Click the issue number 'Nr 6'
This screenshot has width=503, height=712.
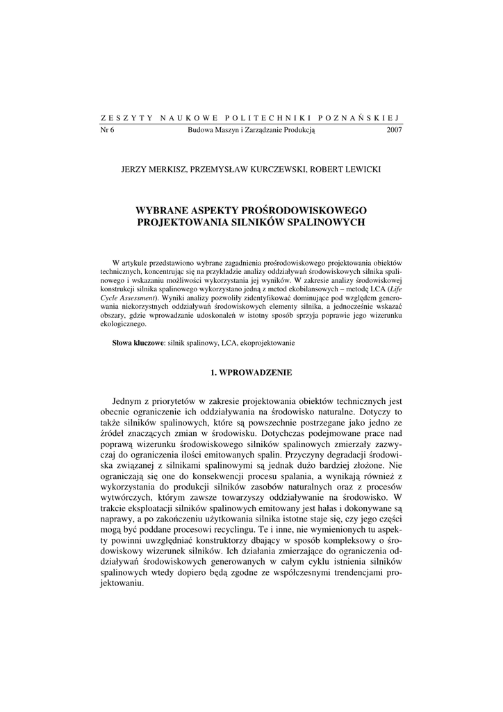(108, 129)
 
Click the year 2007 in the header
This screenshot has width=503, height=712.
(394, 129)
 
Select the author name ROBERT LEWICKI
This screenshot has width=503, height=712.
(347, 168)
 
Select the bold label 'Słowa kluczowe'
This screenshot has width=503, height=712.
(138, 343)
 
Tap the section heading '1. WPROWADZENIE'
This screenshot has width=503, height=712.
(251, 373)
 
